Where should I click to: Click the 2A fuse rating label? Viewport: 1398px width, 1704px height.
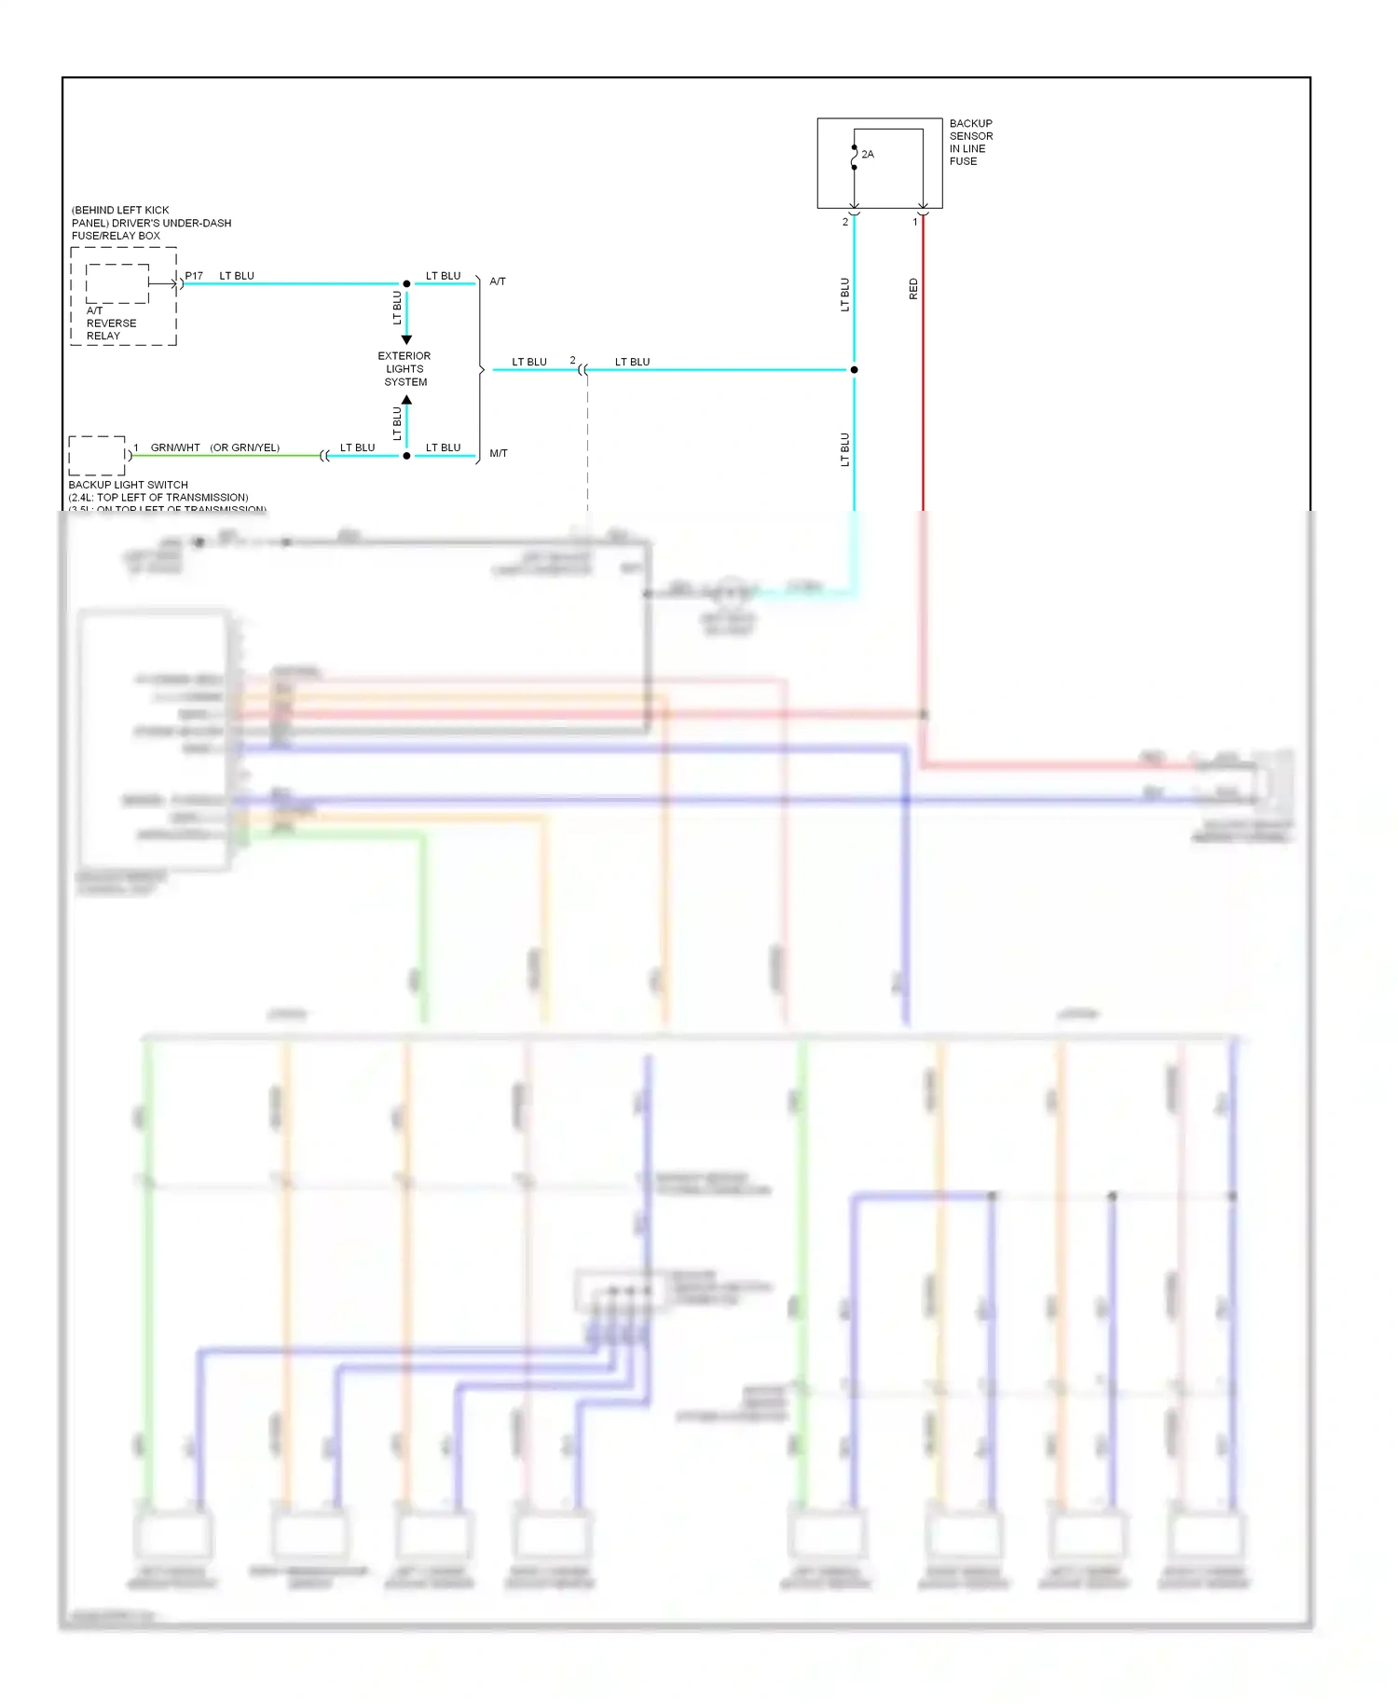868,155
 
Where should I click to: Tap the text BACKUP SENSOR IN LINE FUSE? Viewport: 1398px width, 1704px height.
970,143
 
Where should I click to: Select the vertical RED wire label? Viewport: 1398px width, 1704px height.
913,289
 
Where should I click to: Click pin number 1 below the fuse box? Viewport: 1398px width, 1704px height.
915,223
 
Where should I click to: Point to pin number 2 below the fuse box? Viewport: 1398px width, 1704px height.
845,223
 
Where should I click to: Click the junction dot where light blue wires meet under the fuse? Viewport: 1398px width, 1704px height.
854,370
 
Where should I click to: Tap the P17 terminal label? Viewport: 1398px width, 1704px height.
194,276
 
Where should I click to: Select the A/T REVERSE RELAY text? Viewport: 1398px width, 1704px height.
111,323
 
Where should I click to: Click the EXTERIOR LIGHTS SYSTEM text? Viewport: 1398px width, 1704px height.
404,369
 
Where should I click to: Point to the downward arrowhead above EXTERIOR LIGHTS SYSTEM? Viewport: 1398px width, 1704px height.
406,340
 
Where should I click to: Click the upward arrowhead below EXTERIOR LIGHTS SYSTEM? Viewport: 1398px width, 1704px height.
406,400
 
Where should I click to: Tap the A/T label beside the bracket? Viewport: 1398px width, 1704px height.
498,282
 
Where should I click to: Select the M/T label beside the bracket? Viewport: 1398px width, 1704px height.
499,454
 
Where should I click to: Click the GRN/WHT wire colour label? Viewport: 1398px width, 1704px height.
175,448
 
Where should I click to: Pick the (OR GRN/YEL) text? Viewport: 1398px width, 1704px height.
244,448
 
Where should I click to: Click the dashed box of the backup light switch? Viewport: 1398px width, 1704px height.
97,455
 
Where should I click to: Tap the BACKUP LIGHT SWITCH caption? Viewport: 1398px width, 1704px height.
128,485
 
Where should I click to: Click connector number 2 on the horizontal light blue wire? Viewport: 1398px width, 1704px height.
572,361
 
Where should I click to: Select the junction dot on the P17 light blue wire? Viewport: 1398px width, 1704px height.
406,283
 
